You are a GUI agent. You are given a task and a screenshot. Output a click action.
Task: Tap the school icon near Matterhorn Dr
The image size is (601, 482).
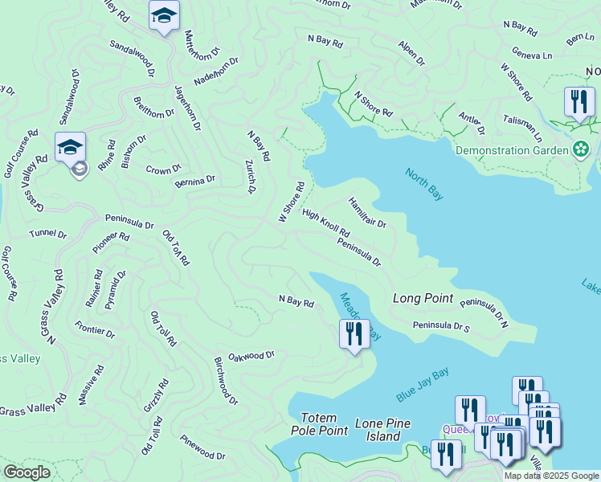click(x=164, y=16)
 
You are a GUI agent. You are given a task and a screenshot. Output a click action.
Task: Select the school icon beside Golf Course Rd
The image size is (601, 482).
click(x=70, y=148)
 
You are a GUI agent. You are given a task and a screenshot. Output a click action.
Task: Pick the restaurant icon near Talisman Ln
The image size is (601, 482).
click(x=579, y=102)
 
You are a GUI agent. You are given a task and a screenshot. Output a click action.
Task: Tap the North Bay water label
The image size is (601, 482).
click(x=424, y=184)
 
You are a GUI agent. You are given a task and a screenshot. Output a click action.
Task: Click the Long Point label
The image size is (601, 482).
click(x=423, y=298)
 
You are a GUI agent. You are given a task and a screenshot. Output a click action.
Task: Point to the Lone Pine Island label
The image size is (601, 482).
click(x=382, y=430)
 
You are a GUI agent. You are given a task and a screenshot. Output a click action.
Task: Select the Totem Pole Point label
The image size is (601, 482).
click(x=324, y=424)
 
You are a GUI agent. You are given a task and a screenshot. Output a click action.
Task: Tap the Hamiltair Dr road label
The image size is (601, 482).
click(x=368, y=213)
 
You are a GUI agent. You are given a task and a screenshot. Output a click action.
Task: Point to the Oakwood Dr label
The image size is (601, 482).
click(x=251, y=355)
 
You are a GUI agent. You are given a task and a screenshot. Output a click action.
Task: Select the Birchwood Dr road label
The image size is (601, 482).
click(x=226, y=380)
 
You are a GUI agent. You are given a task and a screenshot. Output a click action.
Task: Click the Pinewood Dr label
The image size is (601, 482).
click(x=202, y=447)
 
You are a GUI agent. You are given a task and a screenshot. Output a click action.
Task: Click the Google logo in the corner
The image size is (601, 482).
click(x=27, y=472)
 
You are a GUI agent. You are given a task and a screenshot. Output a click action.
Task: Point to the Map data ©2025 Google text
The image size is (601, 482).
click(x=550, y=476)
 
